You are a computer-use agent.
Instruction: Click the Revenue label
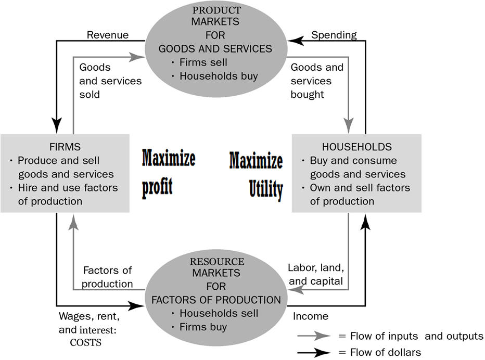107,35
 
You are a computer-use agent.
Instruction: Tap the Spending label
334,35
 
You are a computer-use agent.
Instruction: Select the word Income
311,316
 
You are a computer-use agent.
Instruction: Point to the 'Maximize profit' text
168,172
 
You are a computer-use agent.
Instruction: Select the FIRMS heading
65,147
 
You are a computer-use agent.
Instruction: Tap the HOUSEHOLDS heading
356,147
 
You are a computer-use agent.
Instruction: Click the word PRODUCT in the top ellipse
216,10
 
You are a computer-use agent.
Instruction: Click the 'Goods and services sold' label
110,81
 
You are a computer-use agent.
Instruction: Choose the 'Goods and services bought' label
316,81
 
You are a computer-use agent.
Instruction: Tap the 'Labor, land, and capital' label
315,275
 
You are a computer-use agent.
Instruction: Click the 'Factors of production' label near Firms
108,277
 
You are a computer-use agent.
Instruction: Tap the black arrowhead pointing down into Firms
56,125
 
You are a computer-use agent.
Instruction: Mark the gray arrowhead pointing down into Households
348,125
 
